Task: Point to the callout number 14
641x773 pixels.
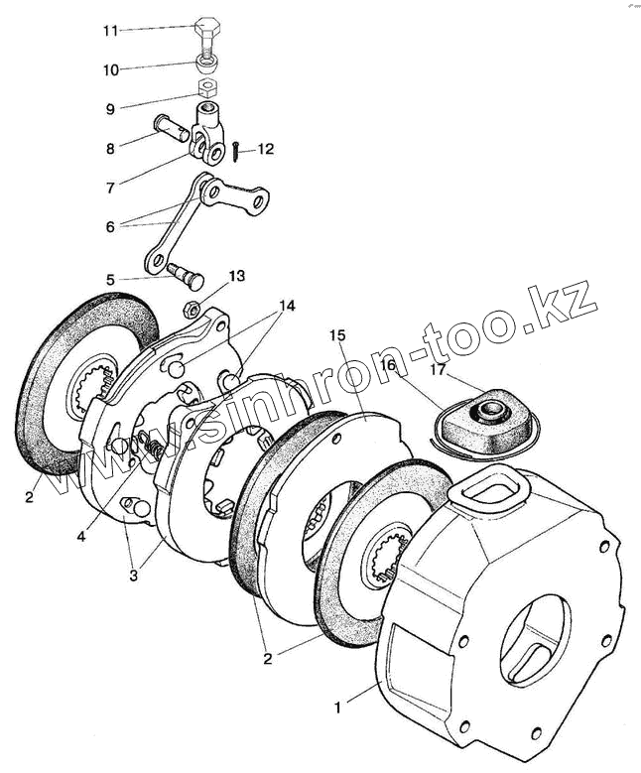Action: (287, 306)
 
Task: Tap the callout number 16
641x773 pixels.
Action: (388, 365)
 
